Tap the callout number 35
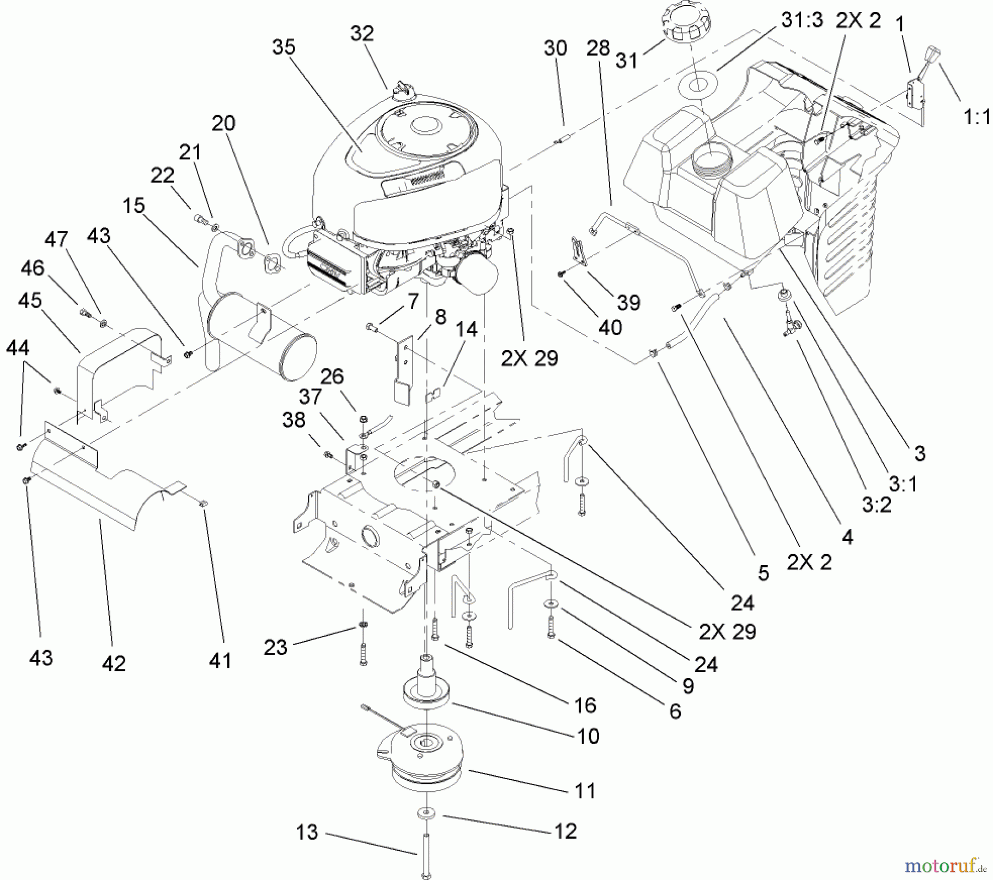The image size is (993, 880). [x=284, y=47]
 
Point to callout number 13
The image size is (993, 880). [x=307, y=832]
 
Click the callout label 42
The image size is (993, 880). [x=114, y=663]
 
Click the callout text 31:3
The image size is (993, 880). [x=802, y=20]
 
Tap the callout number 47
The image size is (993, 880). [x=56, y=240]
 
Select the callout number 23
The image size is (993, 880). [x=275, y=647]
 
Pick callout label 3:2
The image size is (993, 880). [x=876, y=505]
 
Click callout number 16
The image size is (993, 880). [x=585, y=705]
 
